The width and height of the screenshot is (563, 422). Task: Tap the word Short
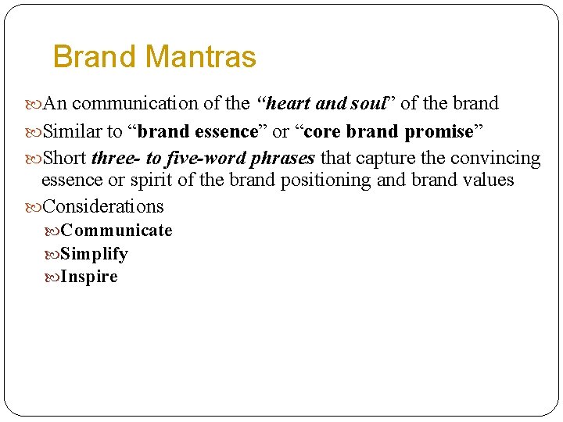pyautogui.click(x=65, y=159)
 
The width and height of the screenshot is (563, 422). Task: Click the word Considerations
pyautogui.click(x=103, y=207)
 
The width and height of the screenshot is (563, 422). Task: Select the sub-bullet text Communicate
pyautogui.click(x=117, y=231)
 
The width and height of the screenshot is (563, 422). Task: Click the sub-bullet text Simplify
pyautogui.click(x=94, y=254)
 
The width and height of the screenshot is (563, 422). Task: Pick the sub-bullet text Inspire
pyautogui.click(x=89, y=277)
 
